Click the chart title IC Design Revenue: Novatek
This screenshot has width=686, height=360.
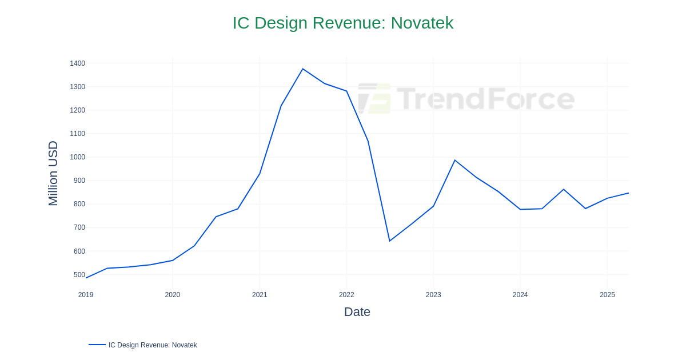click(x=342, y=23)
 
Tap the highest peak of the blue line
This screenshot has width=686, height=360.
click(x=303, y=69)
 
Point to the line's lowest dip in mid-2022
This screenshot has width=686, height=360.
click(x=390, y=241)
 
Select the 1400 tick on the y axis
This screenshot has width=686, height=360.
click(x=77, y=63)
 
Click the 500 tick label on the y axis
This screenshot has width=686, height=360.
click(x=79, y=275)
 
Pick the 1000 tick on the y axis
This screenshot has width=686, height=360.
click(x=77, y=157)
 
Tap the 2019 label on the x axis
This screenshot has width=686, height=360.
click(x=86, y=295)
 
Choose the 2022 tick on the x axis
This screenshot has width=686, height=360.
click(x=346, y=295)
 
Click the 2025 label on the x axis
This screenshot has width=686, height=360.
click(x=607, y=295)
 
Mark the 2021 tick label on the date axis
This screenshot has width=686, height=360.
click(x=260, y=295)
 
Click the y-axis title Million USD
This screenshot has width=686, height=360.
click(x=53, y=173)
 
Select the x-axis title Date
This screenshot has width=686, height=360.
click(x=357, y=312)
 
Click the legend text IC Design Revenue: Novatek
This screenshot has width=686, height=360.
click(x=153, y=345)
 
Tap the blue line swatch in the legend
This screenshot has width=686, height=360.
click(x=97, y=345)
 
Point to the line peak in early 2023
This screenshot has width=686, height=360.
click(x=455, y=160)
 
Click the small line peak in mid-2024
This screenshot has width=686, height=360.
click(x=564, y=189)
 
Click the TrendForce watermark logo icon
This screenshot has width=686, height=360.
click(x=374, y=98)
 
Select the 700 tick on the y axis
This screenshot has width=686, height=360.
click(x=79, y=227)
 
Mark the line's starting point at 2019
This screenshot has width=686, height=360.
click(x=86, y=278)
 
